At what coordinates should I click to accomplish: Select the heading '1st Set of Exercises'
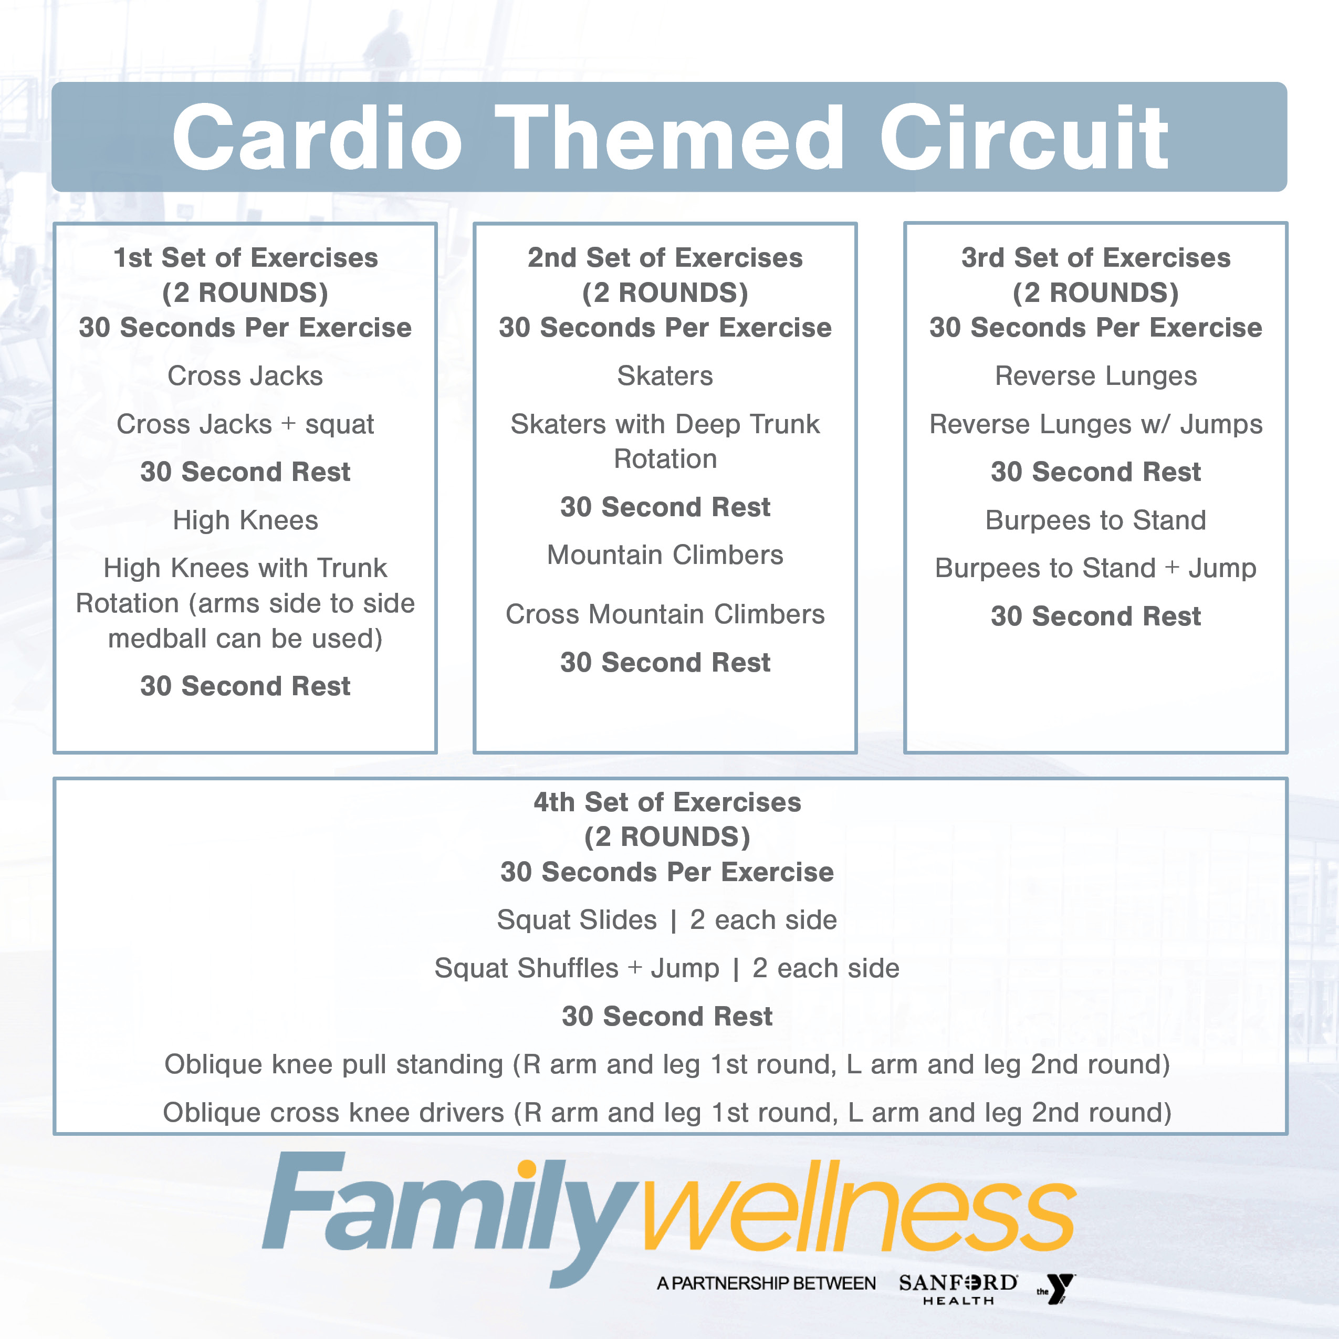[x=246, y=258]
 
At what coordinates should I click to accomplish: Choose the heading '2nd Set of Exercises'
[x=665, y=258]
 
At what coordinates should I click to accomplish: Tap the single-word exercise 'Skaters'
[x=665, y=375]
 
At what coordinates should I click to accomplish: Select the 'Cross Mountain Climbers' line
[x=665, y=614]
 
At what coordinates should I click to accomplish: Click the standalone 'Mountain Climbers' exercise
[x=665, y=555]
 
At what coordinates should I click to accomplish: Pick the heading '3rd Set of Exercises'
[x=1096, y=258]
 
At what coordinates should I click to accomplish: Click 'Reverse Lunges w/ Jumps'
[x=1096, y=424]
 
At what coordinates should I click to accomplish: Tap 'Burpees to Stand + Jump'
[x=1096, y=568]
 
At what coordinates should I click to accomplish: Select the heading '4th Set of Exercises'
[x=667, y=802]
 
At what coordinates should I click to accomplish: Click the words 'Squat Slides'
[x=577, y=919]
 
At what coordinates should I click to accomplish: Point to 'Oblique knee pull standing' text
[x=334, y=1064]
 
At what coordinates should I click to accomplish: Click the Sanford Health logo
[x=958, y=1289]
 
